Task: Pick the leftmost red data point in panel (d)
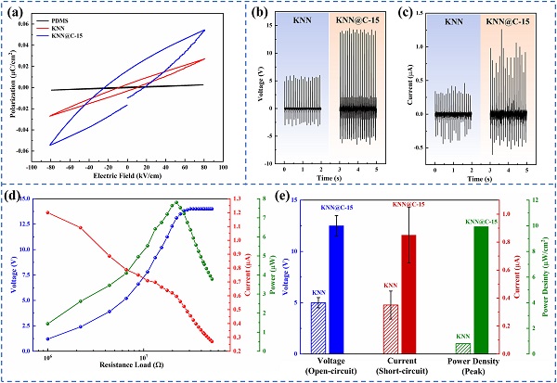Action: click(47, 212)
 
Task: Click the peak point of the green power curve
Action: click(175, 202)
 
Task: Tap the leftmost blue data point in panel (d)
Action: click(47, 338)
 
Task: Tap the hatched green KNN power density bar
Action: click(463, 348)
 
